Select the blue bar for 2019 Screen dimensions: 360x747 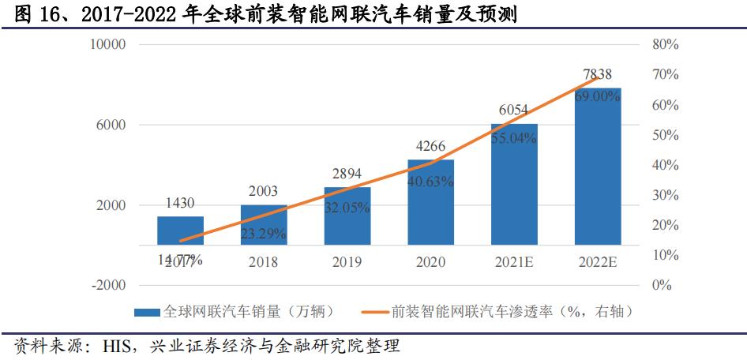point(347,216)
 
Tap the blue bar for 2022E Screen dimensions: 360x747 point(597,166)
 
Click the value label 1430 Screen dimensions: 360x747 point(180,203)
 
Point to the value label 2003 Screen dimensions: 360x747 point(264,192)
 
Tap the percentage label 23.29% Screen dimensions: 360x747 point(264,234)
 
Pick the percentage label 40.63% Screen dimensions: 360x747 point(430,182)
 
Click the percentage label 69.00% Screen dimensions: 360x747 point(597,96)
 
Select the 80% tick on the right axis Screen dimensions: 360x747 point(666,45)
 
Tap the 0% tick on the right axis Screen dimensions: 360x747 point(662,285)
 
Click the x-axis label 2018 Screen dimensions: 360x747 point(264,262)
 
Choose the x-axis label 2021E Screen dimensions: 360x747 point(514,262)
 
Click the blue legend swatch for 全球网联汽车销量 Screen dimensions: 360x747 point(148,312)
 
